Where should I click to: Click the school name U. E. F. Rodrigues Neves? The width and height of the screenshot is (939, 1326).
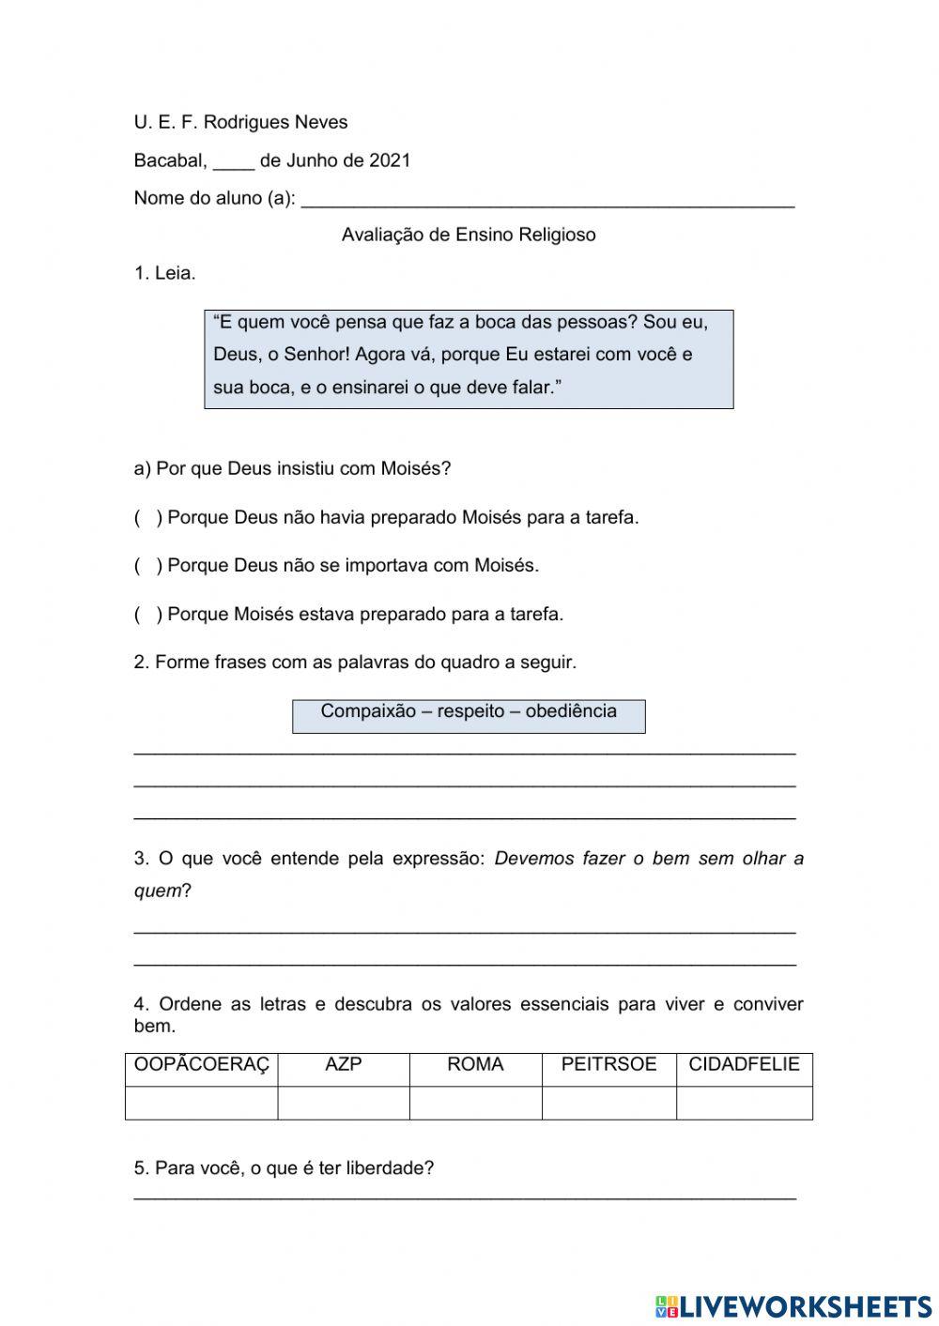(240, 122)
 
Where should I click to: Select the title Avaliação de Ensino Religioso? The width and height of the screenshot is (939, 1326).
(469, 235)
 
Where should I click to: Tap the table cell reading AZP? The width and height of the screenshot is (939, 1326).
(343, 1064)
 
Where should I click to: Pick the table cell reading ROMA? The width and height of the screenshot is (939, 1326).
(475, 1064)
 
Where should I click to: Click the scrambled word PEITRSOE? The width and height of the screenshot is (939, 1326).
(608, 1064)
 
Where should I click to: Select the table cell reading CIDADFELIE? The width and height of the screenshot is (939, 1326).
(744, 1064)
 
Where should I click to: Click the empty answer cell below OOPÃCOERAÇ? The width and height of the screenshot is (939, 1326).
(201, 1103)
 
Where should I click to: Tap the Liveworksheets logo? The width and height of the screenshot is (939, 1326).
(793, 1305)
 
